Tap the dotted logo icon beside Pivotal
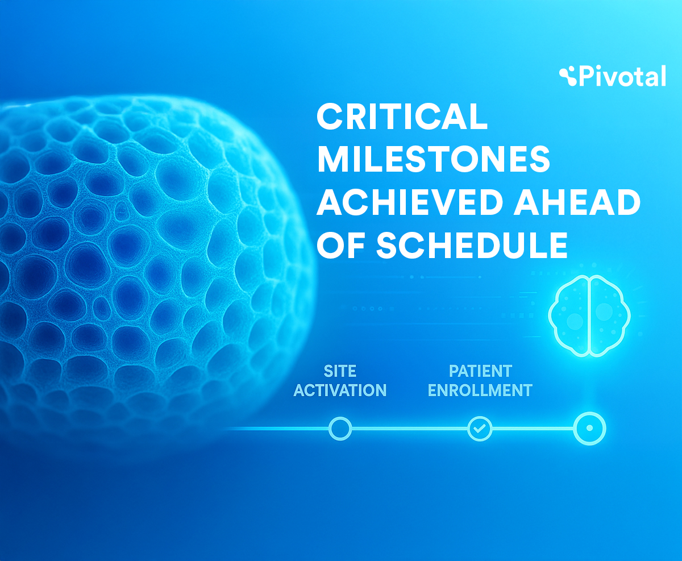[568, 76]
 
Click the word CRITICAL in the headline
[402, 116]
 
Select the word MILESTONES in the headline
[433, 159]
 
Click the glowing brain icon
[589, 316]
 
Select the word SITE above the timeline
[340, 371]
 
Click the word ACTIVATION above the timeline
[340, 390]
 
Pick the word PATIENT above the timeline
[480, 371]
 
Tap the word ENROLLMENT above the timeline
[480, 390]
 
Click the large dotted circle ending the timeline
[589, 414]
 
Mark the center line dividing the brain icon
[589, 316]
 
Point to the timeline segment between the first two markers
[410, 429]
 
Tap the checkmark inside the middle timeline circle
[480, 429]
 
